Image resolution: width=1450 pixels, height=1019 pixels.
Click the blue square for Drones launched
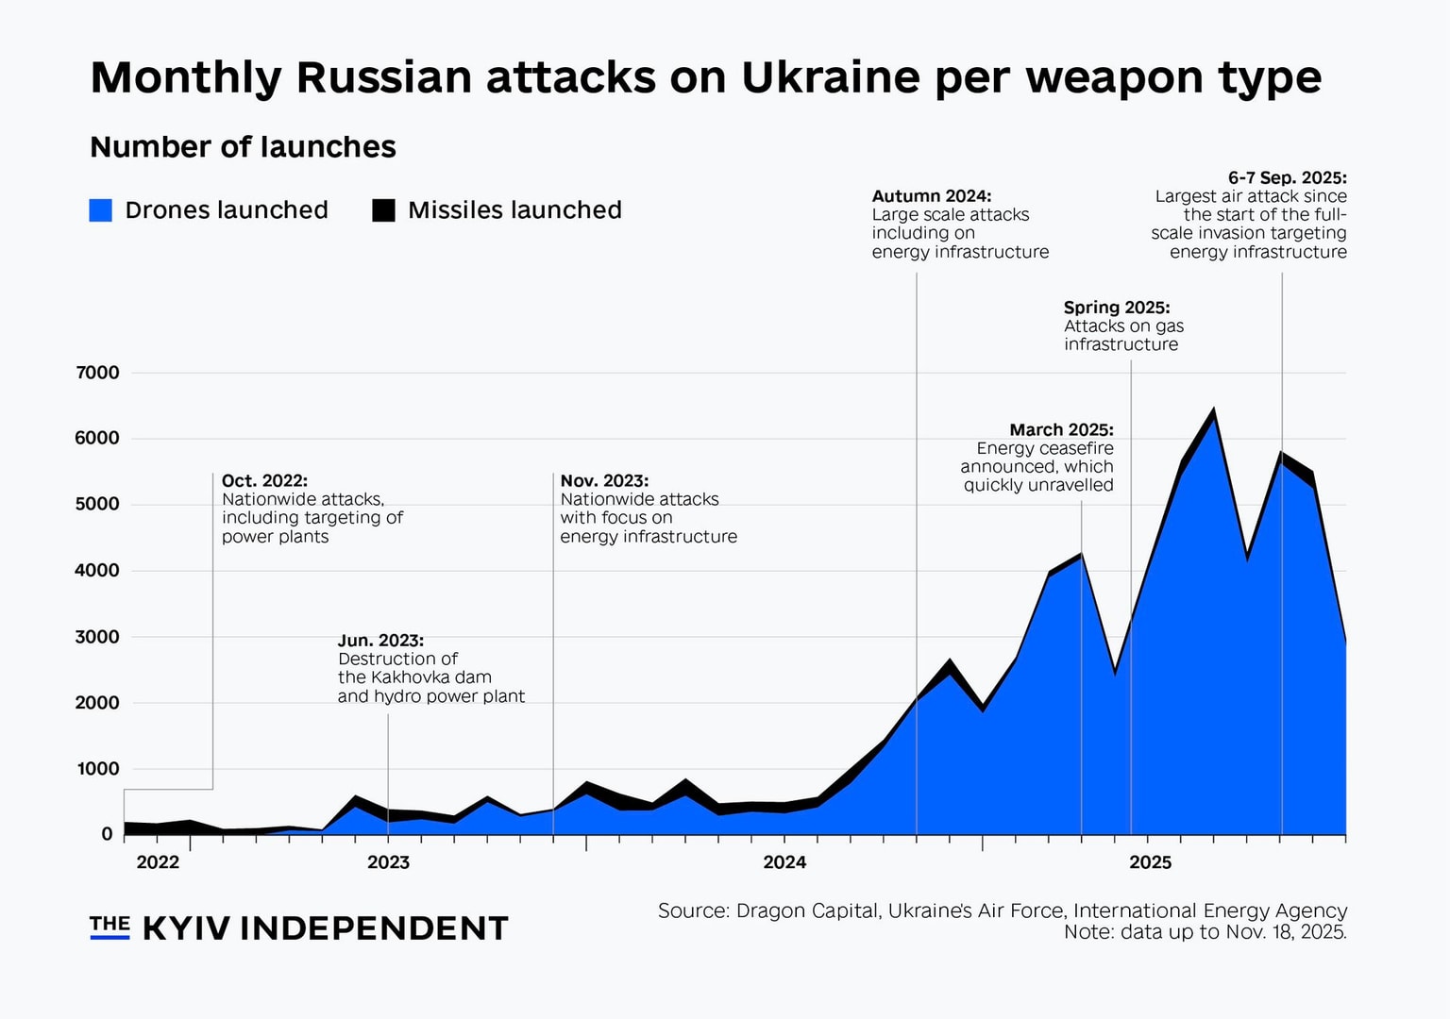[x=101, y=210]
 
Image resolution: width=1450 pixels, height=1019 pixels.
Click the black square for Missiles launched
[x=383, y=210]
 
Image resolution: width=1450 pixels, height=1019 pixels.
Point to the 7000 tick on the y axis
[x=97, y=373]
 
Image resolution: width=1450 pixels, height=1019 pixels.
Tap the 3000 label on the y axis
[x=97, y=637]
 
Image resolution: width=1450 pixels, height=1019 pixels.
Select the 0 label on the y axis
[x=107, y=835]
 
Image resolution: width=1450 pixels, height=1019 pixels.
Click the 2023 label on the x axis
[x=388, y=862]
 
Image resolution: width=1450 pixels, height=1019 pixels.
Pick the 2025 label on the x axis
[x=1150, y=862]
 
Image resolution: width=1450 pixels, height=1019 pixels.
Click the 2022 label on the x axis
[x=158, y=862]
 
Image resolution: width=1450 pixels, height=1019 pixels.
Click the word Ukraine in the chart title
[x=830, y=77]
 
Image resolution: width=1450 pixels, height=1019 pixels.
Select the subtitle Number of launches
[x=243, y=147]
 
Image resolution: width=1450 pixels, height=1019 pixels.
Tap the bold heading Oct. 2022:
[x=264, y=481]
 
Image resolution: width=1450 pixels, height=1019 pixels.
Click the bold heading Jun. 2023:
[x=380, y=641]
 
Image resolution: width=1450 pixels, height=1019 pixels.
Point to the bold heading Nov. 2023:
[x=604, y=481]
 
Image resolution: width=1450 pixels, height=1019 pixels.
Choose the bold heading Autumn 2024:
[x=931, y=196]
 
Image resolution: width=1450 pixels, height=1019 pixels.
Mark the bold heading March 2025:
[x=1061, y=430]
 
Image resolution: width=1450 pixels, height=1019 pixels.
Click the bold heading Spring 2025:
[x=1116, y=308]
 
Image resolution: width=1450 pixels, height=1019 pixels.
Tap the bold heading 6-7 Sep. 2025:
[x=1287, y=177]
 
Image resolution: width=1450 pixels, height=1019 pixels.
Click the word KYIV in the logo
[x=186, y=929]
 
